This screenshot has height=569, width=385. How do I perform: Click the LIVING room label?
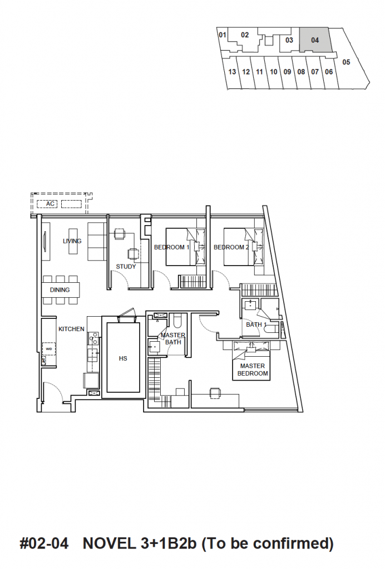coord(72,241)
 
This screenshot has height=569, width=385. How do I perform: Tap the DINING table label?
coord(60,290)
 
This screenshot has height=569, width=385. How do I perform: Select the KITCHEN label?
coord(71,329)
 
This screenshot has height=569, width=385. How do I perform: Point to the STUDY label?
coord(126,266)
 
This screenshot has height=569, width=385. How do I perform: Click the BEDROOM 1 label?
coord(171,247)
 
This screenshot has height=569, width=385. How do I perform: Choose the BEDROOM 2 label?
coord(231,247)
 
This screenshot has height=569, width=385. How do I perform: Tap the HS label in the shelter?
coord(123,358)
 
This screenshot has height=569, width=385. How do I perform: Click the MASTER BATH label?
coord(173,338)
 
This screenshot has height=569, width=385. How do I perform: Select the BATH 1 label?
coord(256,325)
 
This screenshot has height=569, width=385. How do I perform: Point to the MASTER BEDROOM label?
coord(253,370)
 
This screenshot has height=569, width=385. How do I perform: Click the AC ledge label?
coord(50,204)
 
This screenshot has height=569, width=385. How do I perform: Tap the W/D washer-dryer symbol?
coord(48,349)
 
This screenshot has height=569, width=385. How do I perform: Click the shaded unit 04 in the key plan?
coord(315,40)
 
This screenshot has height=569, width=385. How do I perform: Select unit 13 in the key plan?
coord(232,72)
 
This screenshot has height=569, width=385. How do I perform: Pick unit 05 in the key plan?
coord(346,62)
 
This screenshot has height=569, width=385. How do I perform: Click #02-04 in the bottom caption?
coord(44,543)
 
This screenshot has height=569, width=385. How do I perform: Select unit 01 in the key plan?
coord(223,35)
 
